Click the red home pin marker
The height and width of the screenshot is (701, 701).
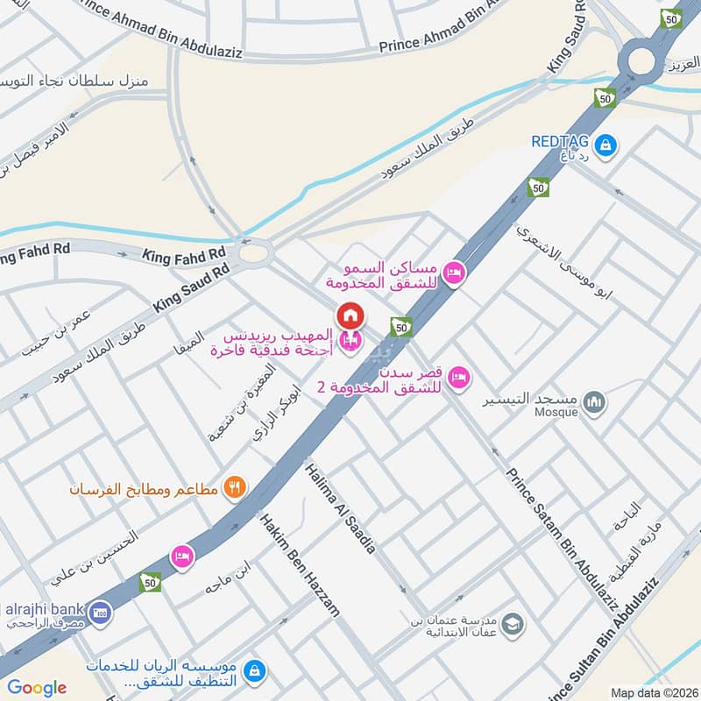pyautogui.click(x=350, y=315)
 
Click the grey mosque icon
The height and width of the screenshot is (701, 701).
pyautogui.click(x=596, y=401)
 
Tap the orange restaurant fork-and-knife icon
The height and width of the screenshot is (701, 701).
pyautogui.click(x=233, y=487)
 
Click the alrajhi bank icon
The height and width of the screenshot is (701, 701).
pyautogui.click(x=100, y=610)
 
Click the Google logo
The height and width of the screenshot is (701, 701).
pyautogui.click(x=37, y=688)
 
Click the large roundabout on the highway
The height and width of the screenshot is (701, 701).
pyautogui.click(x=640, y=63)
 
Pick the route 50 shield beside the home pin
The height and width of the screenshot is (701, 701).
pyautogui.click(x=401, y=327)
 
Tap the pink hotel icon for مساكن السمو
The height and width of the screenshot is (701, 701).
pyautogui.click(x=454, y=273)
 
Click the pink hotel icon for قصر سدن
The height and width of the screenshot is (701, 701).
pyautogui.click(x=457, y=379)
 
